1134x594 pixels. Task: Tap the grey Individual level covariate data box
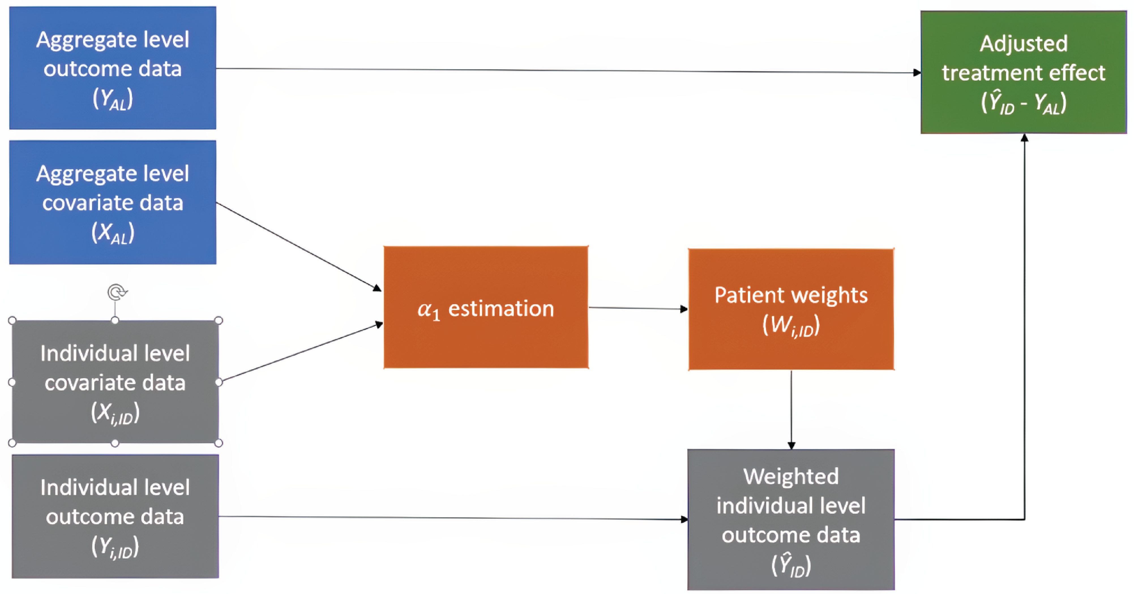click(x=115, y=382)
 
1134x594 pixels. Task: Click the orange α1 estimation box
click(x=485, y=307)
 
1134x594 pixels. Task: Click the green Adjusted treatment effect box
click(x=1024, y=72)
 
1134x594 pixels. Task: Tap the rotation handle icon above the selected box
click(x=117, y=292)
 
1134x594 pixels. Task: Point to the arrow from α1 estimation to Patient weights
click(x=638, y=308)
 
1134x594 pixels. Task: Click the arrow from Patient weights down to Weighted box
click(x=791, y=409)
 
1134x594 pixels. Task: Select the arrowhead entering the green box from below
click(x=1024, y=138)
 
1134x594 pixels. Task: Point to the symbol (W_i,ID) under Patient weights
click(x=791, y=326)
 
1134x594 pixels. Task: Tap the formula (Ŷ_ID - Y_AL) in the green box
click(x=1024, y=104)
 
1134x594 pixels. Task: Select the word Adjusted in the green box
click(x=1024, y=44)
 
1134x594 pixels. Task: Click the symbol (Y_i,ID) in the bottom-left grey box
click(x=115, y=547)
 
